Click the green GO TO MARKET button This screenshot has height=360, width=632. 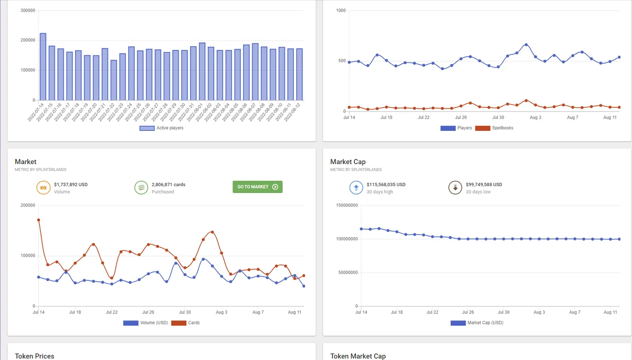pos(257,187)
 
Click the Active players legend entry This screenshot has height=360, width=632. pos(161,128)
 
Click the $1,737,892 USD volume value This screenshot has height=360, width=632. pos(71,185)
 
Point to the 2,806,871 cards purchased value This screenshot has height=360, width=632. pos(168,185)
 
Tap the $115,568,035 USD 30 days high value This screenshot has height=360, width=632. pos(386,185)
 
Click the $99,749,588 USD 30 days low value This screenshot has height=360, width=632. pos(484,185)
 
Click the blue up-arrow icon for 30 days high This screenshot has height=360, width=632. pos(355,188)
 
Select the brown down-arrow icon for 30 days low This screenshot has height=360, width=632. pos(454,188)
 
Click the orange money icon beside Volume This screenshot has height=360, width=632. pos(43,188)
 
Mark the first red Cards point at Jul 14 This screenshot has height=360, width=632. pos(39,220)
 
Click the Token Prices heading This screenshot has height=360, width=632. pos(35,356)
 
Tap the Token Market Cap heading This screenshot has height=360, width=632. pos(357,356)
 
